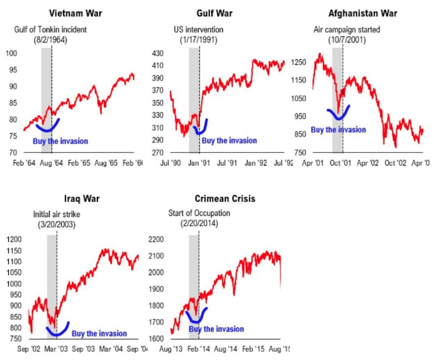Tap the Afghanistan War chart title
362,13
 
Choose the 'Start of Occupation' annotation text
199,213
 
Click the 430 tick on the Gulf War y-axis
158,53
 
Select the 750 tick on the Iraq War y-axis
13,339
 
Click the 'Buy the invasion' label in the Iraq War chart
99,334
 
